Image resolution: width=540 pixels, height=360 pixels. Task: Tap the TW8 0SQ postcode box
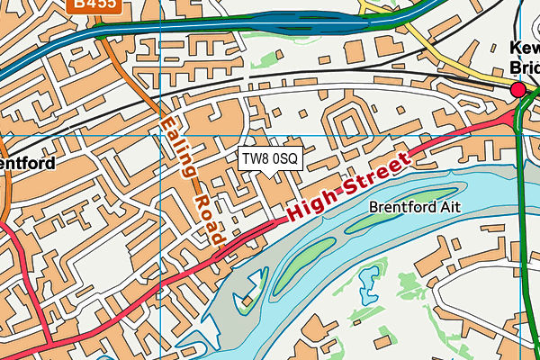coord(270,158)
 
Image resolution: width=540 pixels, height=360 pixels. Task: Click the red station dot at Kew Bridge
coord(517,89)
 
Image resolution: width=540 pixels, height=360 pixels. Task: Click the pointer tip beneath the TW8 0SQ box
coord(270,175)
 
